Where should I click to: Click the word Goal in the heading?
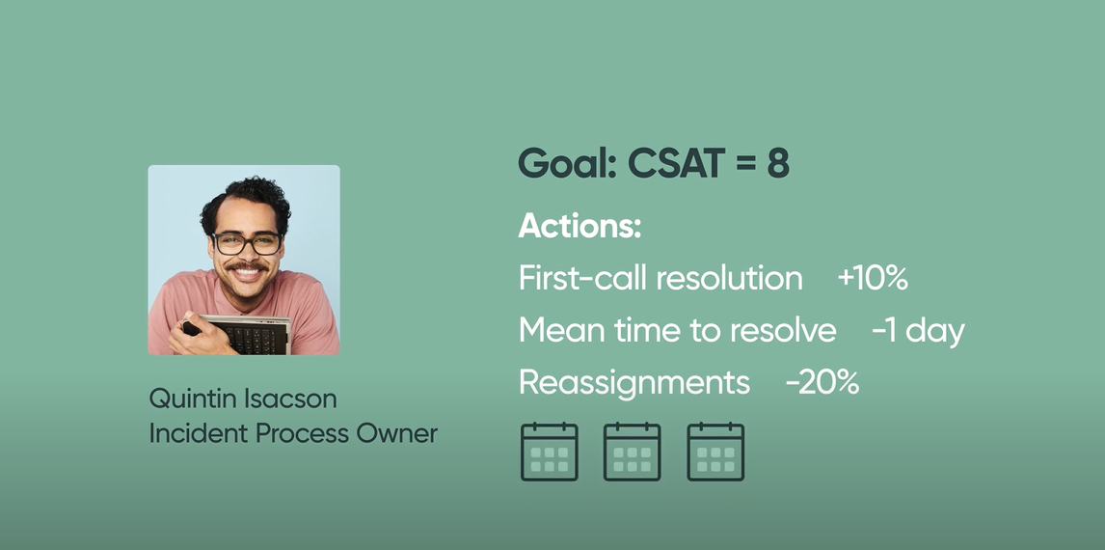tap(567, 164)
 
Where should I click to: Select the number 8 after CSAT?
tap(777, 164)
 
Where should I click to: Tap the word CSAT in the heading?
tap(676, 164)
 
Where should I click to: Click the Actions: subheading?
tap(580, 226)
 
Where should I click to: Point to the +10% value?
tap(873, 278)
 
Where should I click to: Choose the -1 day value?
tap(918, 330)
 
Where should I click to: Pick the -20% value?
tap(822, 382)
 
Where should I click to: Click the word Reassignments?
tap(634, 383)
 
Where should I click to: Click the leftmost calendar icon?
tap(549, 452)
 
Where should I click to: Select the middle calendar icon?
tap(633, 452)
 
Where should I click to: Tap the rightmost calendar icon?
tap(715, 452)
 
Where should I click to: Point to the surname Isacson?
tap(289, 399)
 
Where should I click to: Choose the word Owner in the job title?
tap(396, 433)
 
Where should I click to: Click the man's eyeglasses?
tap(246, 243)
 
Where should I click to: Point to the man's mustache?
tap(247, 266)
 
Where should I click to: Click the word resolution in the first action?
tap(729, 278)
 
